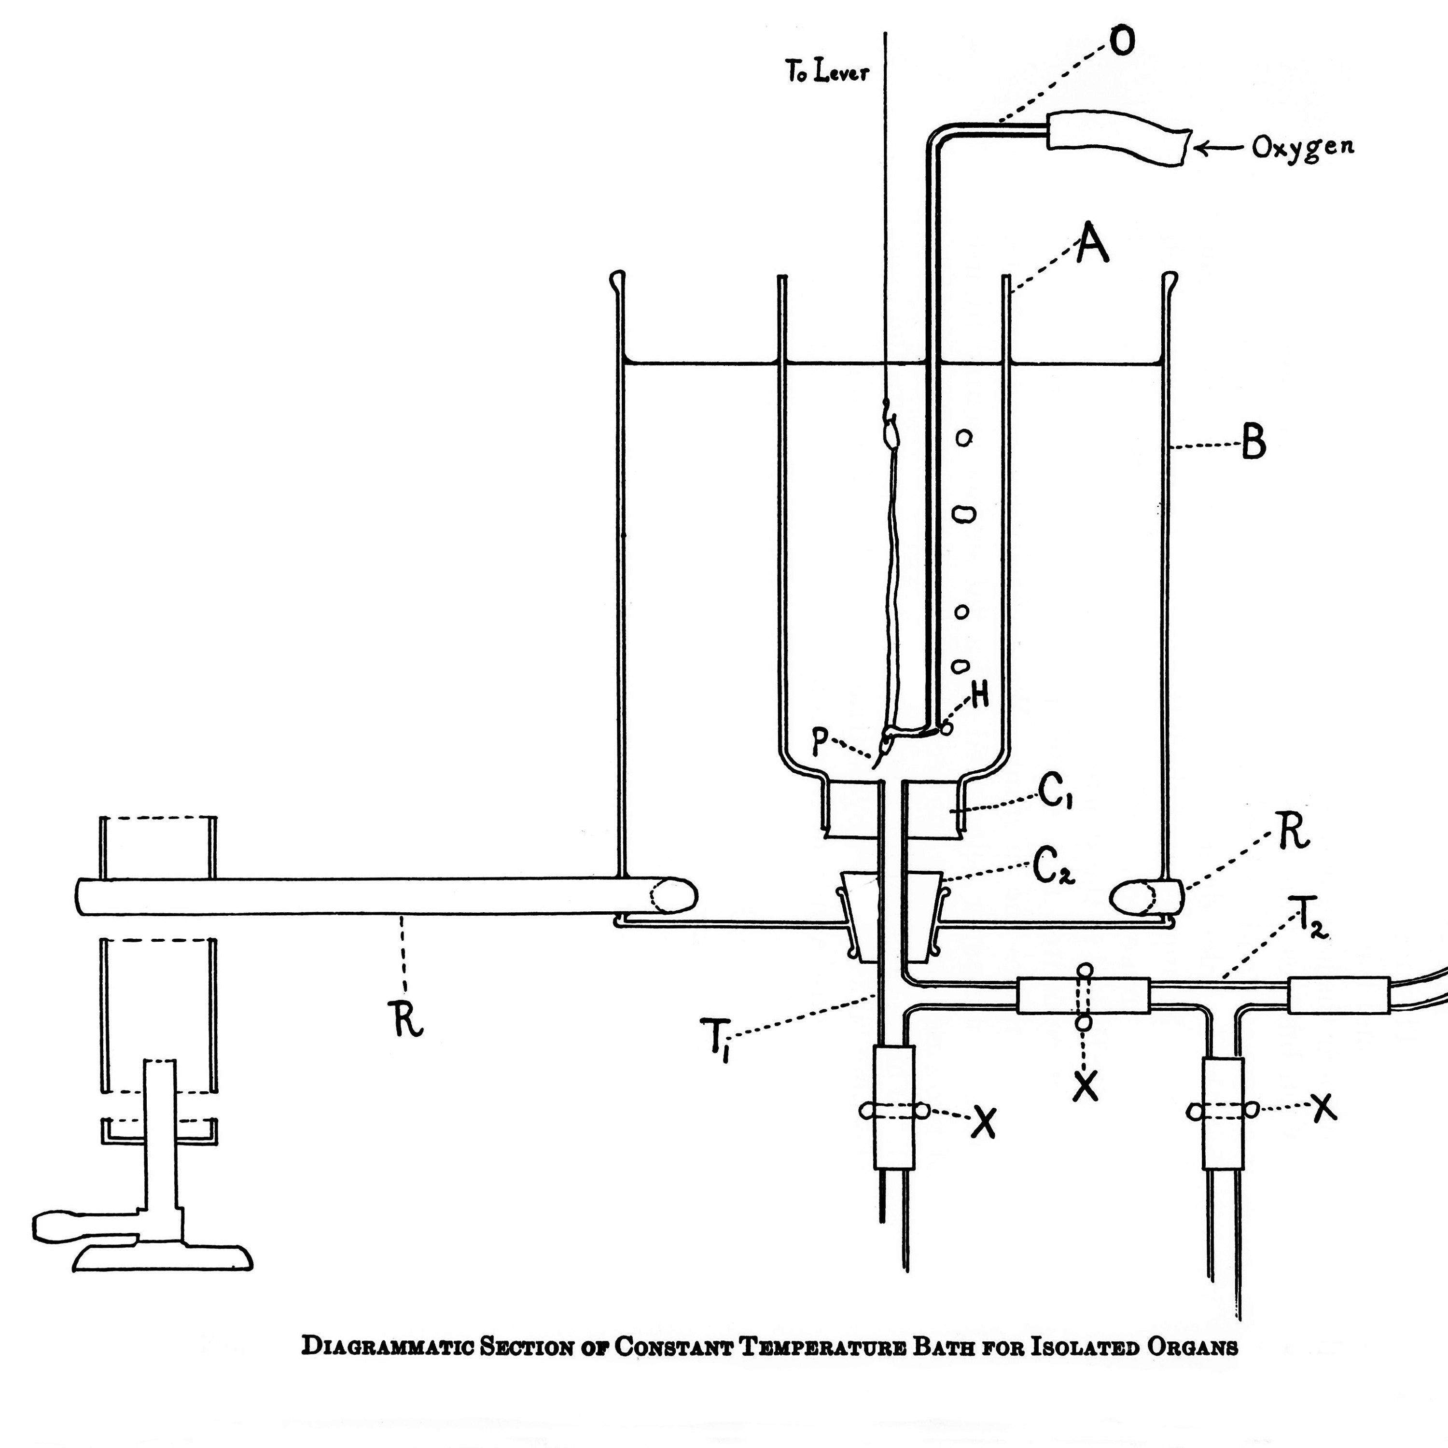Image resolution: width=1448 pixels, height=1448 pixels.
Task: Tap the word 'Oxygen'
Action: click(1303, 147)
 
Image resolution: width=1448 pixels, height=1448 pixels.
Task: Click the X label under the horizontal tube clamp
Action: click(1085, 1085)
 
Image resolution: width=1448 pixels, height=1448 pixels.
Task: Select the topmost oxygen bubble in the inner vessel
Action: click(964, 437)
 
